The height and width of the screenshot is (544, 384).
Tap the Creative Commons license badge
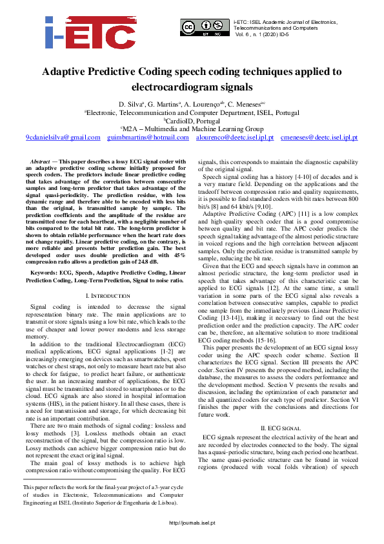point(205,28)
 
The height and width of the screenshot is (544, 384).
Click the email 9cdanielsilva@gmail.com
point(63,138)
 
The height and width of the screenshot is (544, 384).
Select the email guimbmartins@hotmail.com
point(148,138)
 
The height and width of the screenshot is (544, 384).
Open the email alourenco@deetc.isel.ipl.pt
point(235,138)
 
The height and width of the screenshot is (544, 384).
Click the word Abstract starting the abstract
point(41,160)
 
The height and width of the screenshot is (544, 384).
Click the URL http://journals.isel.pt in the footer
point(192,540)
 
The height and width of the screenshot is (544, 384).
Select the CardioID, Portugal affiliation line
point(192,120)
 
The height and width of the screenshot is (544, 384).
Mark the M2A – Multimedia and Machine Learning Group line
point(192,129)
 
